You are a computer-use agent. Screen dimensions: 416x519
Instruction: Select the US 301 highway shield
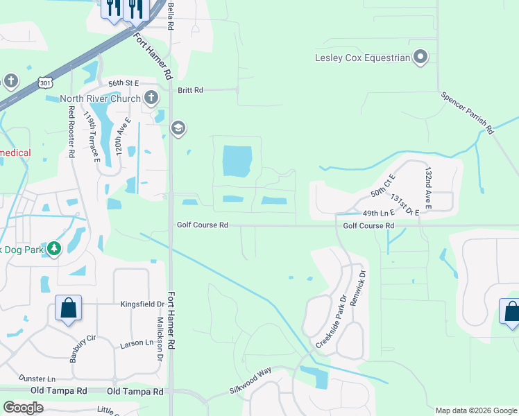coord(44,83)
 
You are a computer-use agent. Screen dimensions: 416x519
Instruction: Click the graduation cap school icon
coord(178,128)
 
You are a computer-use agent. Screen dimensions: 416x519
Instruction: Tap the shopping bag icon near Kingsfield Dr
coord(69,309)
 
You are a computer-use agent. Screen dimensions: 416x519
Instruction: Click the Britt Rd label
coord(189,90)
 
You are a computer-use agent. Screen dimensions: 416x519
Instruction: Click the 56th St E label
coord(123,83)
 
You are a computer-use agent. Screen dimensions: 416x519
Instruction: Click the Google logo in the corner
coord(23,408)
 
